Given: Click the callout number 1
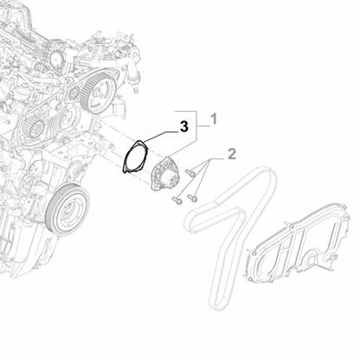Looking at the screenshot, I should (215, 117).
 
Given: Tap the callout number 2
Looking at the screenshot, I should (232, 154).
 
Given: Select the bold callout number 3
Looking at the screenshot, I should (182, 127).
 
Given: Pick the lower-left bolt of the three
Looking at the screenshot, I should (175, 202).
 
